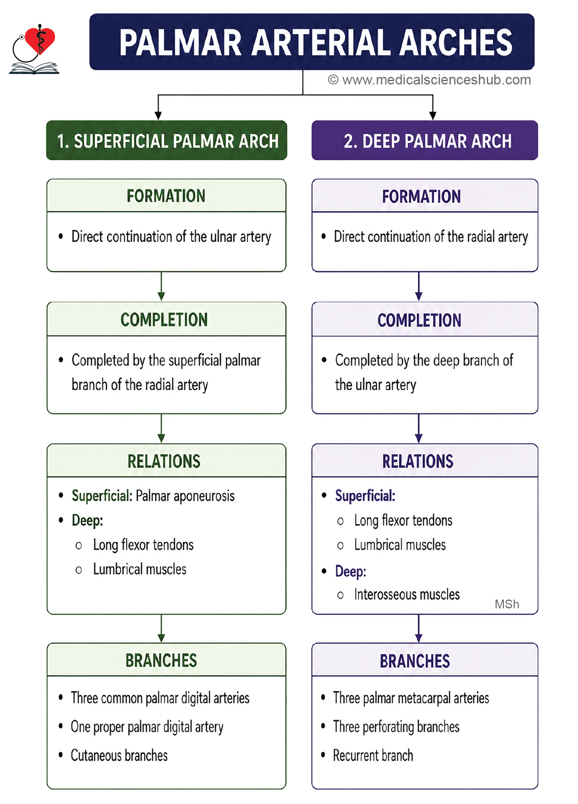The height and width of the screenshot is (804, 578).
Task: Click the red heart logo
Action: [40, 40]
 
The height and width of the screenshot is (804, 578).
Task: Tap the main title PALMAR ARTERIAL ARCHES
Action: [316, 42]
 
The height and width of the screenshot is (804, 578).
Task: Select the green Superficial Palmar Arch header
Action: [167, 140]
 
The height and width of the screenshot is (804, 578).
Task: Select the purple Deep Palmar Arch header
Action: [425, 140]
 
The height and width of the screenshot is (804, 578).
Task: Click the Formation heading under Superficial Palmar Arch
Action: [166, 196]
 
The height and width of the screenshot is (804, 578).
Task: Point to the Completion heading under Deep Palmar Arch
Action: [419, 320]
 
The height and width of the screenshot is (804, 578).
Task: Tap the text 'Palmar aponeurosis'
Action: [185, 496]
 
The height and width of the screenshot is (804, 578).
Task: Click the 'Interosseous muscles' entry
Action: [407, 594]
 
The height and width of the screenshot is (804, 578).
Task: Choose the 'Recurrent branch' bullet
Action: [373, 756]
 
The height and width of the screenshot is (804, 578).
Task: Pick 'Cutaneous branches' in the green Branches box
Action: [119, 756]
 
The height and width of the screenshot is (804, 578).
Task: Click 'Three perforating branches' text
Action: [396, 727]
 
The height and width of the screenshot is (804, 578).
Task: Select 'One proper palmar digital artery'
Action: [147, 727]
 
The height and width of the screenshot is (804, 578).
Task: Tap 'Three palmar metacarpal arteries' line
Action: [411, 698]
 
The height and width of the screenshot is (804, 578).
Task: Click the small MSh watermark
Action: [507, 604]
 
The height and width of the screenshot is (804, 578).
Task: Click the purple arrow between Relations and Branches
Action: [419, 628]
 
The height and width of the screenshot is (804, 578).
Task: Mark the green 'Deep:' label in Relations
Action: [87, 521]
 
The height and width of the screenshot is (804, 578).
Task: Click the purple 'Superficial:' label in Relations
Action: [365, 496]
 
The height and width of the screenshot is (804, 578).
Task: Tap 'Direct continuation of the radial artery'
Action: [431, 237]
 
